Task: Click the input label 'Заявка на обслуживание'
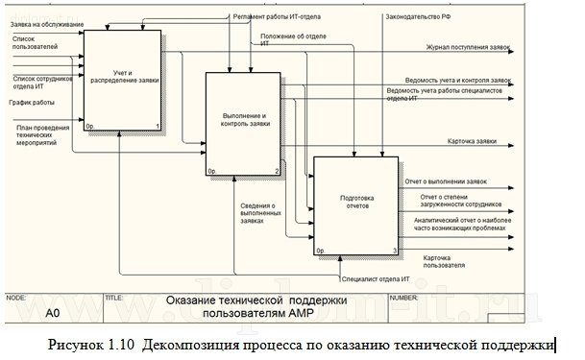coord(47,23)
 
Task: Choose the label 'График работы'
coord(32,102)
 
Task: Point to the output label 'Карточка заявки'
coord(472,142)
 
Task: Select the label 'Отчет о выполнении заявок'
coord(447,180)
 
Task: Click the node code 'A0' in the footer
coord(54,313)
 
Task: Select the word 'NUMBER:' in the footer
coord(402,298)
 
